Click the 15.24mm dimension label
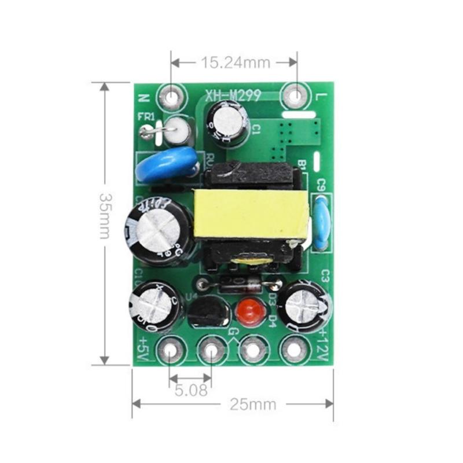[234, 62]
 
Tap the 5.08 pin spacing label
[190, 390]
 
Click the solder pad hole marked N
[171, 96]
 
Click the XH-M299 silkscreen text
[233, 95]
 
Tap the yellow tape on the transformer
[251, 214]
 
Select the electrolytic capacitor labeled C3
[304, 306]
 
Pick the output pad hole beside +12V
[293, 350]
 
